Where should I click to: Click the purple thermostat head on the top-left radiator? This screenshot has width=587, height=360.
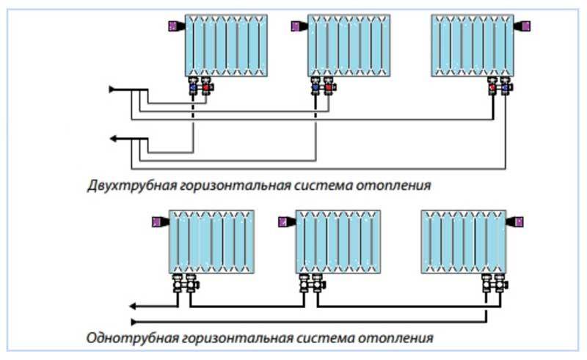[175, 26]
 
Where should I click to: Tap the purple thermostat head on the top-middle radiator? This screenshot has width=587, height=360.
[298, 26]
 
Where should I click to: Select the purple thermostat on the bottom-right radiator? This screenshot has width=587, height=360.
[517, 221]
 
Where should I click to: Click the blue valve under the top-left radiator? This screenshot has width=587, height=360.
[193, 89]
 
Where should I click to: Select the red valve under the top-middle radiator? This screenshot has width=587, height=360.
[329, 89]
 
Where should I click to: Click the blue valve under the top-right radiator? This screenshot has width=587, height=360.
[506, 89]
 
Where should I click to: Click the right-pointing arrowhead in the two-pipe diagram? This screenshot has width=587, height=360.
[112, 89]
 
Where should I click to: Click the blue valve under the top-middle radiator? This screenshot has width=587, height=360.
[316, 89]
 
